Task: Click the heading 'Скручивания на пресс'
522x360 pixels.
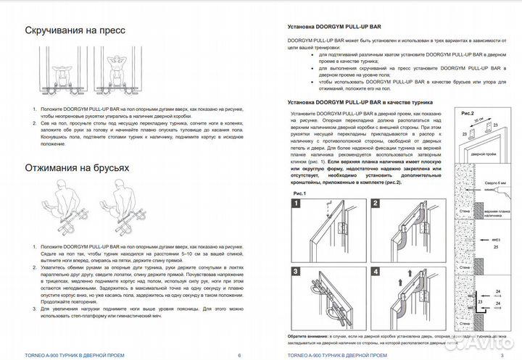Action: [75, 31]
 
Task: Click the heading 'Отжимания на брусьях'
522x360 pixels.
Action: [77, 168]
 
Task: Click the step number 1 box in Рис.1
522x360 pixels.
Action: [296, 204]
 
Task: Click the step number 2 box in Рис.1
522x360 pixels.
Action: [376, 204]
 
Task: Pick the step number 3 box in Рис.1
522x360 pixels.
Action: [296, 272]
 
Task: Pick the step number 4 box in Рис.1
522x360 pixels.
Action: [376, 272]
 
